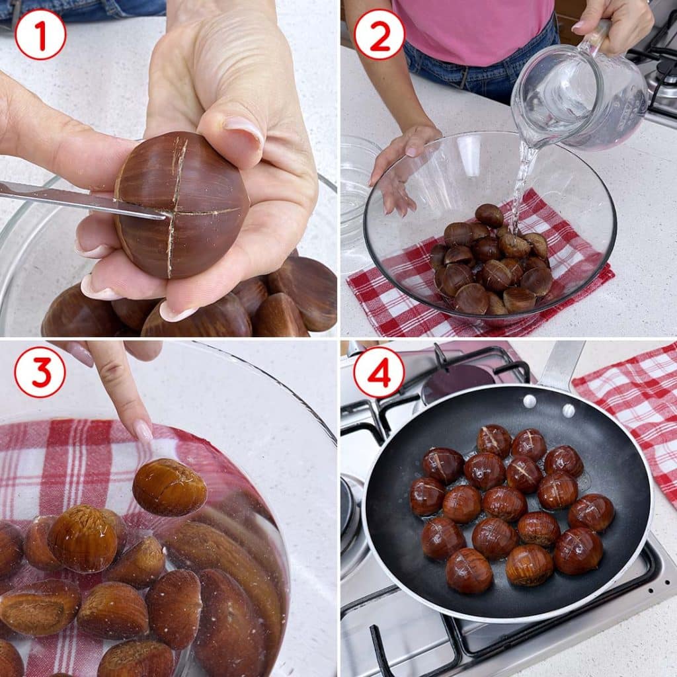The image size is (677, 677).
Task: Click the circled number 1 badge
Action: [x=40, y=34]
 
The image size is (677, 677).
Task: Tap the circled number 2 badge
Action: [x=379, y=34]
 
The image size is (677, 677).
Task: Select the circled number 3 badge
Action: [x=40, y=372]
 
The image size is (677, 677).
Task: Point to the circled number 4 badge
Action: [x=379, y=372]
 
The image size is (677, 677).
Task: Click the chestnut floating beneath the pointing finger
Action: [x=169, y=487]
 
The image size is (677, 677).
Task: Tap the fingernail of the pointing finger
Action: [x=143, y=430]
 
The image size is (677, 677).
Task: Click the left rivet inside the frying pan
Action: [x=530, y=401]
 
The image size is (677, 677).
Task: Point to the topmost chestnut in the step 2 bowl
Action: [x=489, y=216]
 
